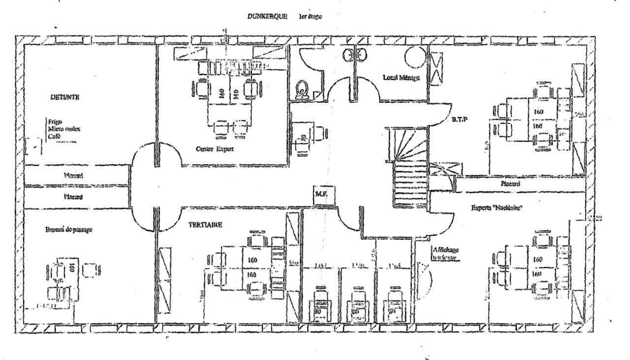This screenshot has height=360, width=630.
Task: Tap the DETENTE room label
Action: [x=64, y=97]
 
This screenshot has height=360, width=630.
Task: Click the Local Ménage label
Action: [x=402, y=77]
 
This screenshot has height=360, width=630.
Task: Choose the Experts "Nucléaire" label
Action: [x=496, y=208]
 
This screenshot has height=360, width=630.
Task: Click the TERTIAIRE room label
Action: [x=205, y=225]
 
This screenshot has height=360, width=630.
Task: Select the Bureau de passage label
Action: [x=68, y=229]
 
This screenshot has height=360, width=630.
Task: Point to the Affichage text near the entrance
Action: [x=446, y=249]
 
